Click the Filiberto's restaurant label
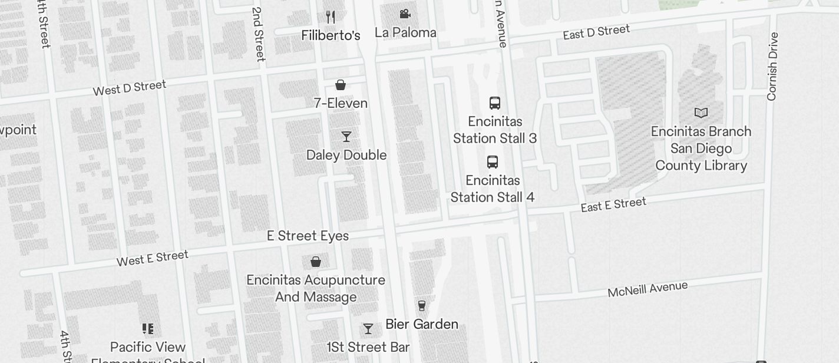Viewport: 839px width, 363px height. [x=331, y=35]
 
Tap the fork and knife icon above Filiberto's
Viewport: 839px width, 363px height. [x=331, y=17]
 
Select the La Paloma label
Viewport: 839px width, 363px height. [x=405, y=32]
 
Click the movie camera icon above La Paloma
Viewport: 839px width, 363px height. [x=405, y=14]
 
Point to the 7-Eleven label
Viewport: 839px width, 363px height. [x=341, y=103]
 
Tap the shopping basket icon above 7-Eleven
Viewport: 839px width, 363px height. [x=341, y=85]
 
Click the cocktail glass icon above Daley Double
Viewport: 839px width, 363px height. [x=346, y=137]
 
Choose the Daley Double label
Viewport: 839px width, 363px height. [x=346, y=155]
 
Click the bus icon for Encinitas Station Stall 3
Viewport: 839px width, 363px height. [x=495, y=103]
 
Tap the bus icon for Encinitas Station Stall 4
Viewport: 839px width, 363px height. [x=493, y=162]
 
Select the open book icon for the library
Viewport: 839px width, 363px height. [x=701, y=113]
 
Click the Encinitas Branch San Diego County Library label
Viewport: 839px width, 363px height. [x=701, y=148]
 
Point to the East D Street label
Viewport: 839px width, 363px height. [x=596, y=32]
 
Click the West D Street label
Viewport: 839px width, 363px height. [x=130, y=88]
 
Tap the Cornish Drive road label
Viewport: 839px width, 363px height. [x=772, y=67]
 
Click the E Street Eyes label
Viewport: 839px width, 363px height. [x=308, y=236]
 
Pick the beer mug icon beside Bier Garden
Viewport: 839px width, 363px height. [x=422, y=305]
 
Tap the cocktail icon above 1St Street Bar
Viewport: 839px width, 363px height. [x=368, y=329]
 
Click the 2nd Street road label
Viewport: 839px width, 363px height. [x=259, y=34]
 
